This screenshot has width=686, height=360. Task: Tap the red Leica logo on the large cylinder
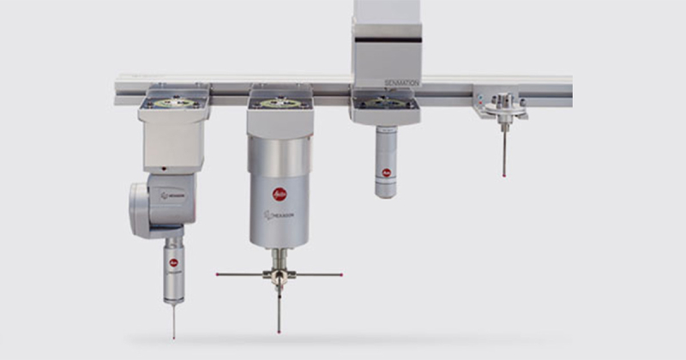click(280, 195)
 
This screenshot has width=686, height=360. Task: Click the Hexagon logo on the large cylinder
click(280, 214)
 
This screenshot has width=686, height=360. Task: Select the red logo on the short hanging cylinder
click(387, 172)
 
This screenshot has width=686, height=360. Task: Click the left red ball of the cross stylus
click(217, 274)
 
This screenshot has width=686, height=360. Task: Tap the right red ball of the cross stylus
click(342, 275)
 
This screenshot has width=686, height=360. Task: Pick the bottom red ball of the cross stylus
click(280, 329)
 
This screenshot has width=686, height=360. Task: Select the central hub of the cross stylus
click(279, 274)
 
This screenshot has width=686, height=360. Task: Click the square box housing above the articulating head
click(173, 137)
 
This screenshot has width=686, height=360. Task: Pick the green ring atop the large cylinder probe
click(279, 103)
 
